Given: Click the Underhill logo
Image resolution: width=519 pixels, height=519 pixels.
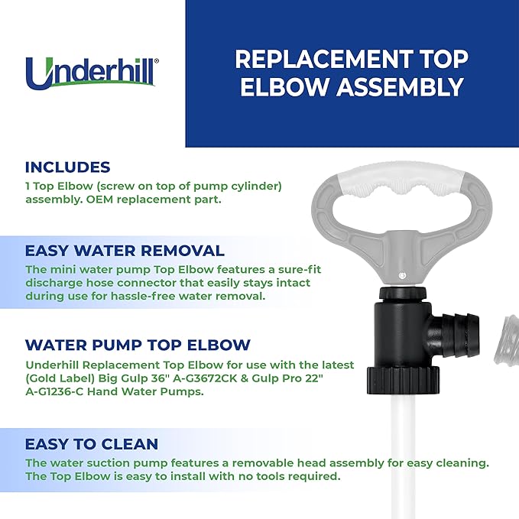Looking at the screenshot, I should pos(92,73).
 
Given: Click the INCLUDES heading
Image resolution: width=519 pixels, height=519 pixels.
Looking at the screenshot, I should pos(67,167).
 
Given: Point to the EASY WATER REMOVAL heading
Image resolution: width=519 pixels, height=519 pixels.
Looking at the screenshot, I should pos(125,251).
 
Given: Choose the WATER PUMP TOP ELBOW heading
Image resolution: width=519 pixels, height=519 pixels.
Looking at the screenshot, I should pos(138,345).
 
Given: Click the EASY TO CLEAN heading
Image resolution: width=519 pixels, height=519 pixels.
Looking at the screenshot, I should pos(92,444).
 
